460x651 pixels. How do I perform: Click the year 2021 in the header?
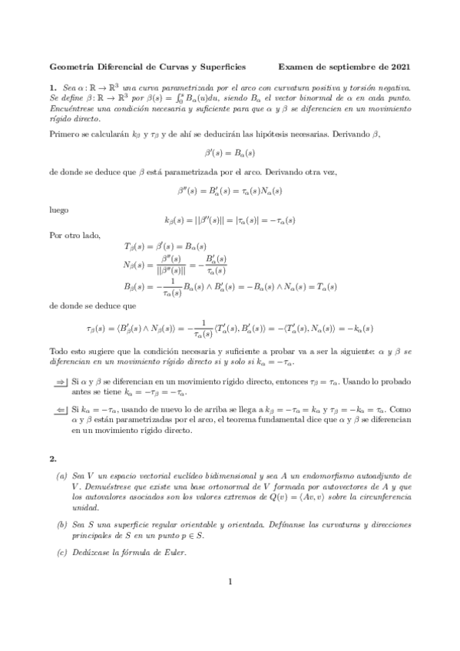(399, 67)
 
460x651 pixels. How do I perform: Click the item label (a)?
(61, 476)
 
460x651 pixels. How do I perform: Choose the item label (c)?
(61, 553)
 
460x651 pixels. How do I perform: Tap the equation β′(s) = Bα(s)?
(230, 153)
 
